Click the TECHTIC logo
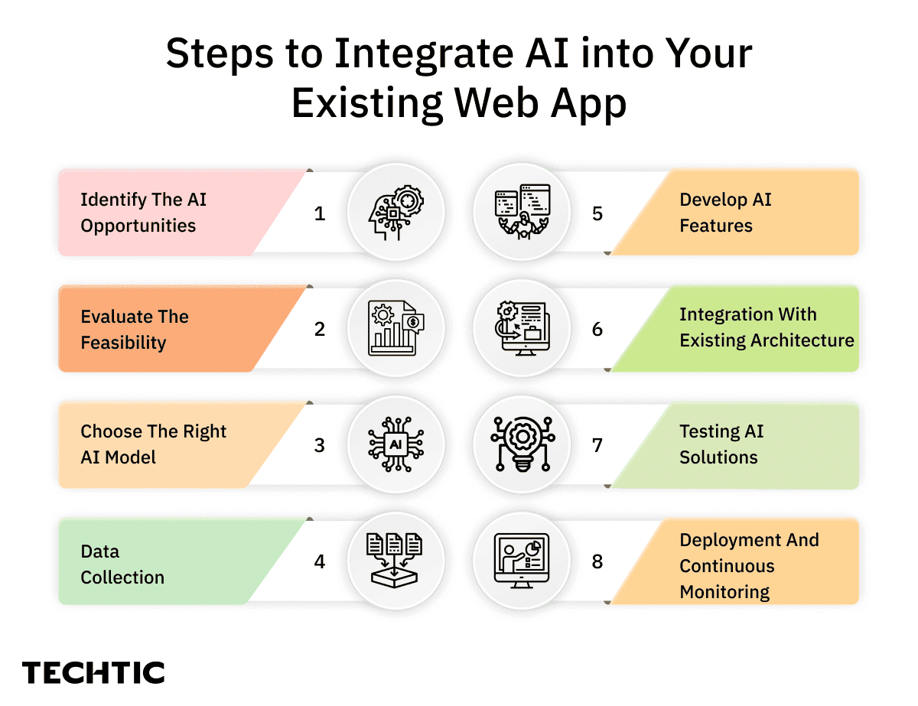pos(93,673)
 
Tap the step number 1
pos(320,213)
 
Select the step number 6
pos(597,330)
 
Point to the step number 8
pos(597,562)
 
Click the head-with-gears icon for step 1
pos(396,213)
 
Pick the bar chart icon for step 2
pos(396,329)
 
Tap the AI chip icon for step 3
pos(396,445)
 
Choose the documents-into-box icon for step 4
pos(396,561)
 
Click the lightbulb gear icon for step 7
pos(523,445)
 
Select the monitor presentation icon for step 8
pos(522,561)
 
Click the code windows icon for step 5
pos(523,213)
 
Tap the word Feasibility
pos(123,343)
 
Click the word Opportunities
pos(138,226)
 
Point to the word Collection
pos(122,577)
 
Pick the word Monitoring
pos(724,592)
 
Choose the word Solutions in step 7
pos(718,457)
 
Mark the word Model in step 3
pos(130,457)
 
